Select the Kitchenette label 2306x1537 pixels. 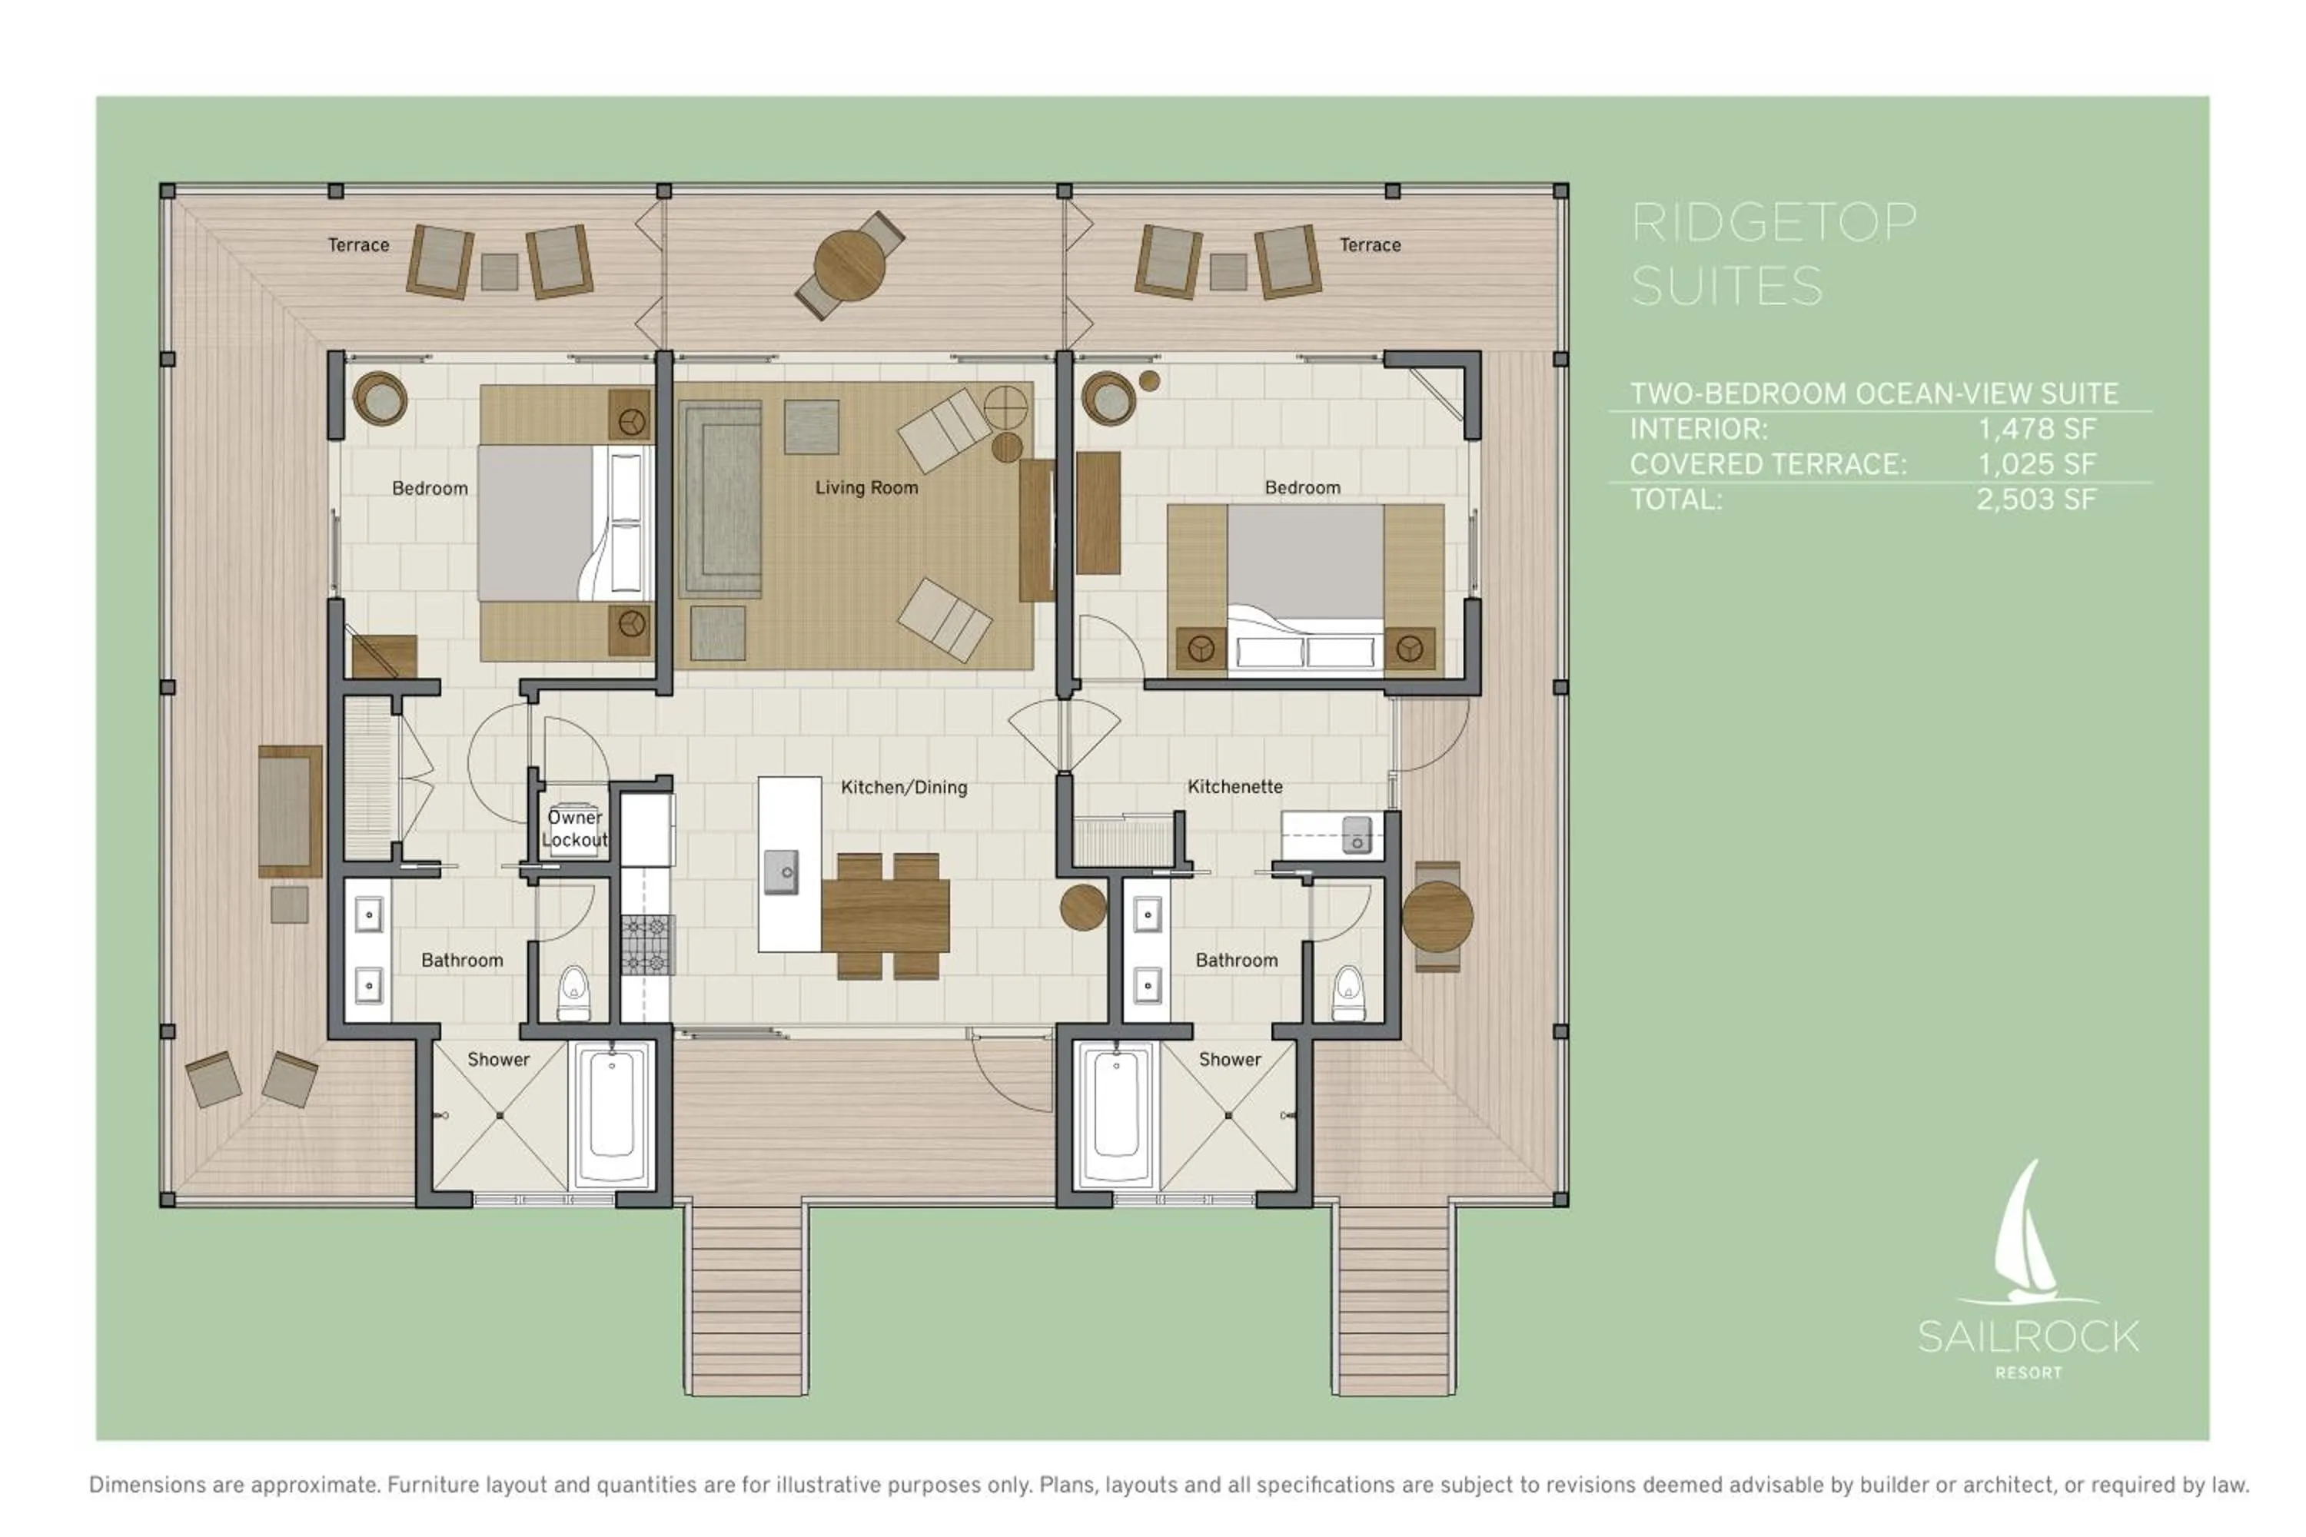click(1234, 786)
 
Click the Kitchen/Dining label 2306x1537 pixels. click(904, 787)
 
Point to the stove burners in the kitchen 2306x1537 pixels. click(647, 944)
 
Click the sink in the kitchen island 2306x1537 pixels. click(782, 871)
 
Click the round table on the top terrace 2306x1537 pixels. click(849, 264)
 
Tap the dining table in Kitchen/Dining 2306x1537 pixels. click(886, 915)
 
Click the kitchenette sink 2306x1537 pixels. click(1357, 834)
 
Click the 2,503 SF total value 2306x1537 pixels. click(2036, 500)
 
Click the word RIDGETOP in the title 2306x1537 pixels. click(1773, 223)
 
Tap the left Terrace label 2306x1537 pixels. click(358, 245)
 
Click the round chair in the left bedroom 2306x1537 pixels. click(380, 399)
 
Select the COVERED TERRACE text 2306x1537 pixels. click(1768, 465)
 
